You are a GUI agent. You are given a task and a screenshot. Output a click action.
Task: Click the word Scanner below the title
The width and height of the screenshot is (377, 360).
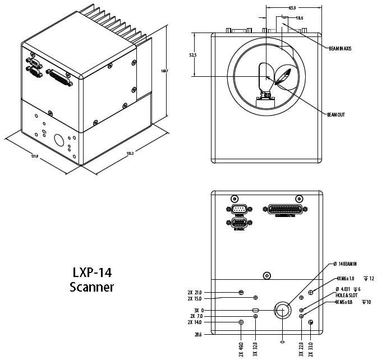[x=92, y=287]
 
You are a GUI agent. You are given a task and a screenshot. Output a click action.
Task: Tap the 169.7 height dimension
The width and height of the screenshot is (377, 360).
[x=164, y=71]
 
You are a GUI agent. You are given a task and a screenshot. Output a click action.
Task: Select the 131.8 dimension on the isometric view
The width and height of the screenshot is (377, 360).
[x=35, y=156]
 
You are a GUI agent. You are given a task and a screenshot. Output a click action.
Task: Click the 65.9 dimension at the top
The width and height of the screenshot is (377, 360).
[x=292, y=8]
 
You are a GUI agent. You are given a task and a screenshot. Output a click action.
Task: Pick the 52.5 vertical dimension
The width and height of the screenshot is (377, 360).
[x=193, y=55]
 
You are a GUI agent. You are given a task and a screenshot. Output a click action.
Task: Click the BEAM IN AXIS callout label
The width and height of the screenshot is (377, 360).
[x=340, y=49]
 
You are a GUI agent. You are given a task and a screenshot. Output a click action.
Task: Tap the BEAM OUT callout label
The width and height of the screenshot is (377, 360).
[x=336, y=114]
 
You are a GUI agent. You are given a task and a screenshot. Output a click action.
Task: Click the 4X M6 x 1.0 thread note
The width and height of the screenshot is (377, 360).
[x=345, y=278]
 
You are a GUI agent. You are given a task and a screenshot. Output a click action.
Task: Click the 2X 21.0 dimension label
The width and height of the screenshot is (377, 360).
[x=194, y=292]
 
